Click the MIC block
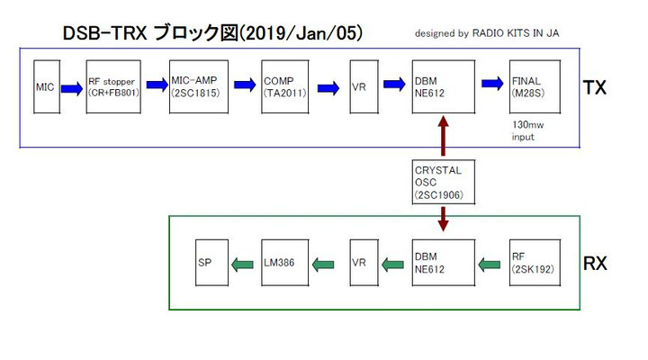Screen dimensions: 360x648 click(46, 86)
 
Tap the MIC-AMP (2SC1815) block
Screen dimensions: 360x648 click(197, 86)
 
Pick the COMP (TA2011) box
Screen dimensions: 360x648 click(286, 86)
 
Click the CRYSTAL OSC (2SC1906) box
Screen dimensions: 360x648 click(441, 182)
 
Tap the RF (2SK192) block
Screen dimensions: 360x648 click(531, 263)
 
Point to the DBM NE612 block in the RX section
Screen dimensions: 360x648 click(442, 263)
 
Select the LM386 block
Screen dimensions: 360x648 click(285, 263)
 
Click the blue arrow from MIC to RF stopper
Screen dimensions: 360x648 click(72, 86)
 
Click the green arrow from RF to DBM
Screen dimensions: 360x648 click(490, 264)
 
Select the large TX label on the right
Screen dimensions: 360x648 click(594, 87)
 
